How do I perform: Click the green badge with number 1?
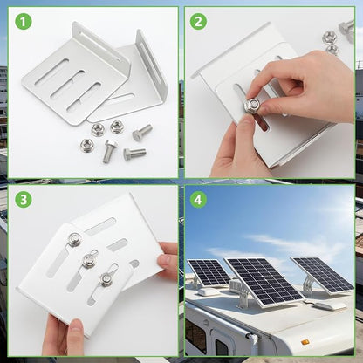tap(24, 21)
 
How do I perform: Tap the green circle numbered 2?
tap(198, 21)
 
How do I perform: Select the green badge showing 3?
tap(24, 199)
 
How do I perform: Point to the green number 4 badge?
tap(198, 199)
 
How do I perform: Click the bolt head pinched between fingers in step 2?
tap(253, 106)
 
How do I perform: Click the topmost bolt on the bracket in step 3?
tap(75, 239)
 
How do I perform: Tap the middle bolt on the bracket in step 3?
tap(89, 260)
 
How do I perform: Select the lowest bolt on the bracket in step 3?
tap(106, 279)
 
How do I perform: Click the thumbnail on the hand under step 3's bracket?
tap(77, 329)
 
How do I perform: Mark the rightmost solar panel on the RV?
tap(323, 274)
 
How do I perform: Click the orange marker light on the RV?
tap(305, 342)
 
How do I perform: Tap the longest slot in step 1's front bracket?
tap(51, 72)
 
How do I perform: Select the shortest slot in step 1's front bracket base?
tap(84, 98)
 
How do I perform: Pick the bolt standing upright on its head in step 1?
tap(110, 151)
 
